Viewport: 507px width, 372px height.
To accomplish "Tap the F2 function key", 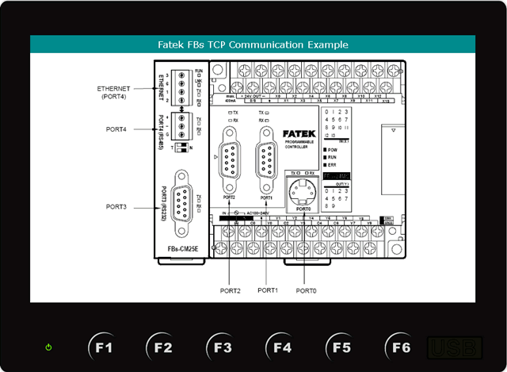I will click(x=163, y=347).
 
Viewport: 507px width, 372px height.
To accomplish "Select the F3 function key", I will click(x=223, y=347).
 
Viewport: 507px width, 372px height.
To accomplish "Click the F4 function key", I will click(x=283, y=347).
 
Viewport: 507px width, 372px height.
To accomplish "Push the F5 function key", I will click(x=342, y=347).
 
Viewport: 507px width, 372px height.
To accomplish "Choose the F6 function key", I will click(x=402, y=347).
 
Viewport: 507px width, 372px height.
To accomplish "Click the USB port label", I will click(x=455, y=347).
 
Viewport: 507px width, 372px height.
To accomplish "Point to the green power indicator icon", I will click(x=49, y=347).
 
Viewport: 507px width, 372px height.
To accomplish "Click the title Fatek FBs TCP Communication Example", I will click(x=253, y=45).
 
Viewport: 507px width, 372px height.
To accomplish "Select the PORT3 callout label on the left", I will click(x=116, y=206).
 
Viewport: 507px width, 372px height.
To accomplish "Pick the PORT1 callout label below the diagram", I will click(x=267, y=290).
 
